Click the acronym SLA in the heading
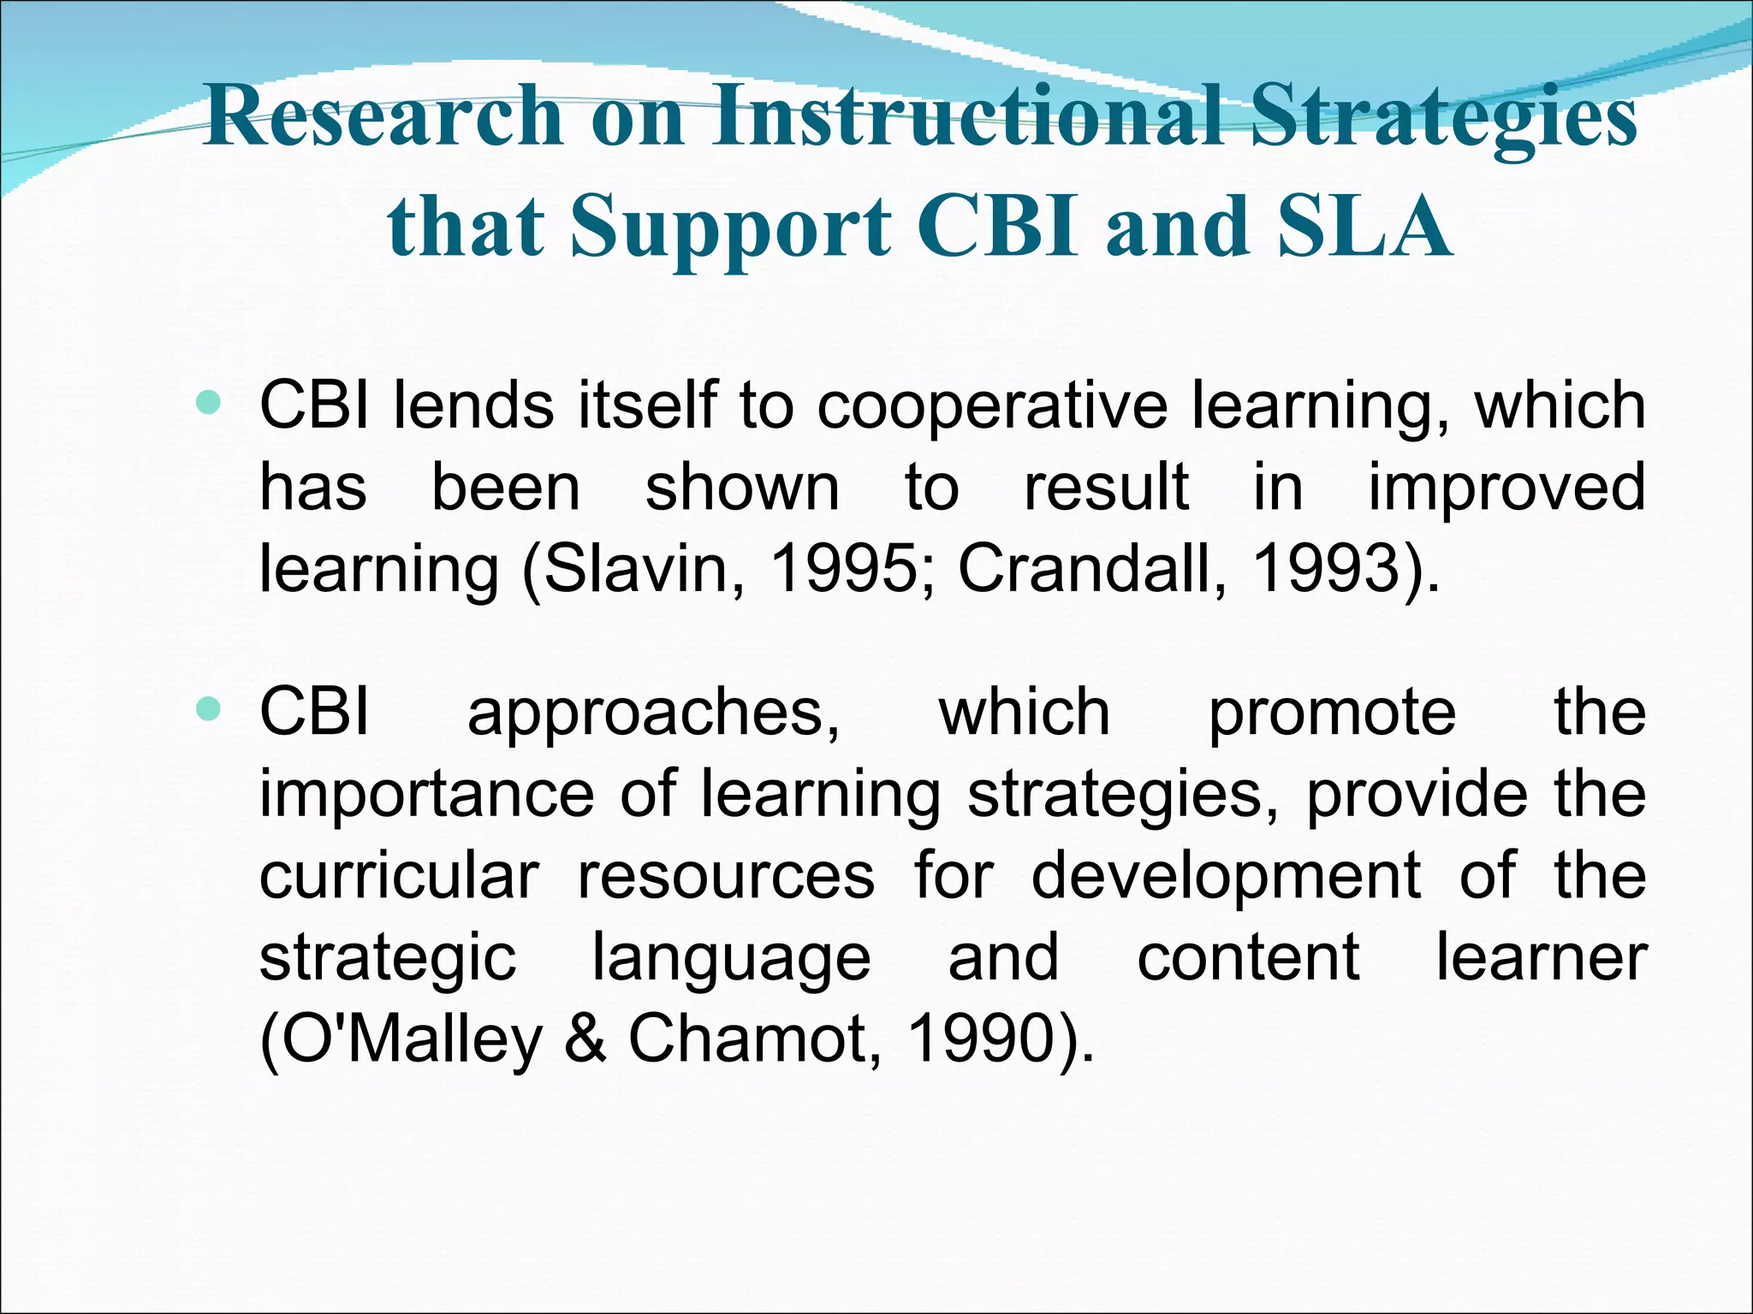point(1366,226)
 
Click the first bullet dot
point(208,401)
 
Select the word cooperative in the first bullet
point(992,406)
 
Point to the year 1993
point(1326,568)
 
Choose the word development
point(1226,877)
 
